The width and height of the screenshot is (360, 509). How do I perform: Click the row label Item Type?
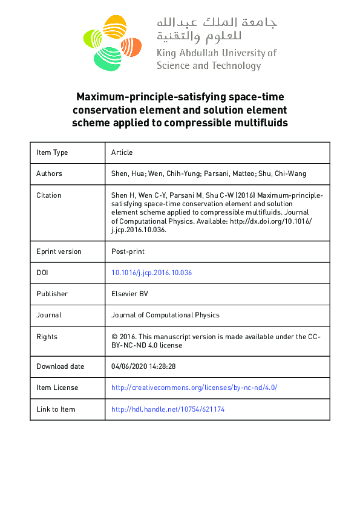point(52,152)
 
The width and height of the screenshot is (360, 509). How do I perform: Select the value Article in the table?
point(122,152)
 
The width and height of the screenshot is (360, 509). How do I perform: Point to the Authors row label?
point(49,173)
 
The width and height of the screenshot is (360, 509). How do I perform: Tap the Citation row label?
point(49,195)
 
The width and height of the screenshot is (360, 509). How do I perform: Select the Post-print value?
point(127,251)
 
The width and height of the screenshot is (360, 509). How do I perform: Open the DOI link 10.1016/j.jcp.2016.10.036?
point(151,273)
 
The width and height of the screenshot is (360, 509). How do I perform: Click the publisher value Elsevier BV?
point(129,294)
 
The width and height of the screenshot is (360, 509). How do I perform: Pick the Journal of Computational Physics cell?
point(165,315)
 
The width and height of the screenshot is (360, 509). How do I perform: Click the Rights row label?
point(47,337)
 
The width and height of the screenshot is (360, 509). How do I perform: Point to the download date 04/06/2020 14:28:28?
point(143,366)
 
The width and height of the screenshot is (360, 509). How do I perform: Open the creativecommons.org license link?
point(194,387)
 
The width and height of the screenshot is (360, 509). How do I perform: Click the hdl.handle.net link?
point(168,409)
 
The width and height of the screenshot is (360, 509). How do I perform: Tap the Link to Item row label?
point(56,409)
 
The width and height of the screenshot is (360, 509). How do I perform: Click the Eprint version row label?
point(59,251)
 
